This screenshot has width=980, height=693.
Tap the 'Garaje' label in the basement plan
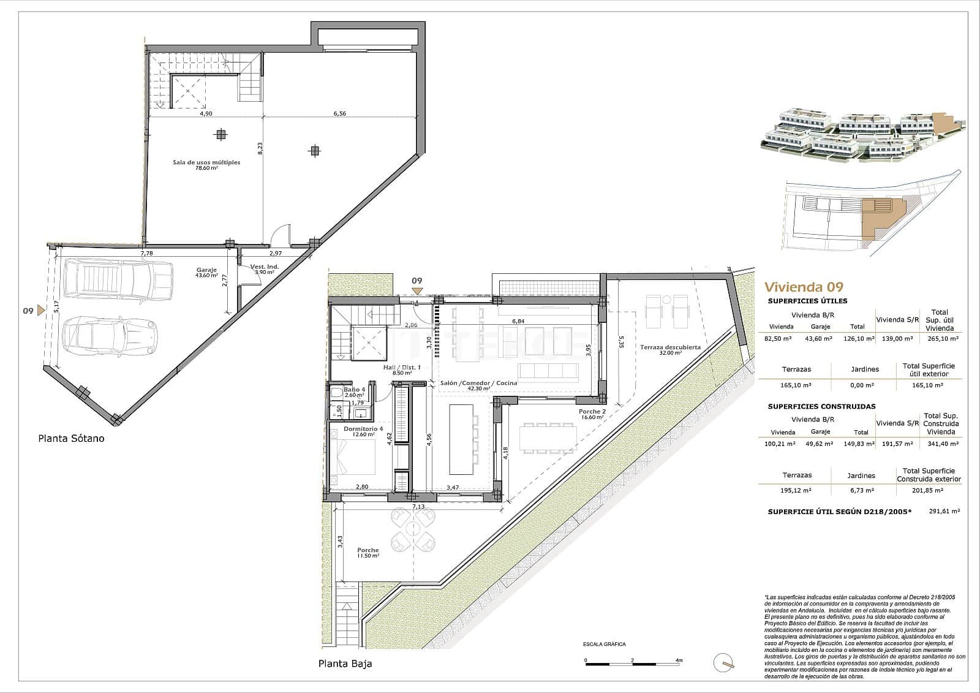[206, 270]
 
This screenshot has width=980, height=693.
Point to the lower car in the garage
[111, 336]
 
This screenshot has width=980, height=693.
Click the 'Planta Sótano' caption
[71, 439]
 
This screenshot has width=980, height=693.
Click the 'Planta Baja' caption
[345, 663]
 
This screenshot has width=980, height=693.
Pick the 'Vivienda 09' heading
[804, 287]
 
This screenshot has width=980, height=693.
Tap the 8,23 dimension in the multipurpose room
[260, 150]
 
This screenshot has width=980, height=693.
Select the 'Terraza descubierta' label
[670, 347]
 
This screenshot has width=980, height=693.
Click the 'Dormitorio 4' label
[363, 429]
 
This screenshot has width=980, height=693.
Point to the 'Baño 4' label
[354, 389]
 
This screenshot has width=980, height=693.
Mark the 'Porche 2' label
[592, 412]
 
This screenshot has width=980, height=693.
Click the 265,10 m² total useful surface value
[943, 338]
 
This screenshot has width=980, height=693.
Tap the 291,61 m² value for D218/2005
[944, 510]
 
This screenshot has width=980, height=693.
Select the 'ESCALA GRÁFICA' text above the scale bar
[604, 644]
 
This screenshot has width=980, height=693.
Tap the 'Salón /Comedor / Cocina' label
[478, 383]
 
